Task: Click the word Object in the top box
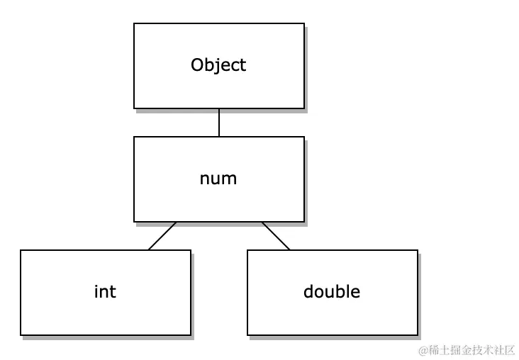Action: pyautogui.click(x=218, y=65)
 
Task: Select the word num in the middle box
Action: pyautogui.click(x=218, y=179)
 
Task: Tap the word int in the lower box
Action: pyautogui.click(x=105, y=291)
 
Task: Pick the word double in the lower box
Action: pyautogui.click(x=332, y=291)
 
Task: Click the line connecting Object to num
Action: pyautogui.click(x=219, y=122)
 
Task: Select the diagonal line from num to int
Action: pyautogui.click(x=162, y=235)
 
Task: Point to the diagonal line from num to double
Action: pyautogui.click(x=276, y=235)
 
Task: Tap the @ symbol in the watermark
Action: pyautogui.click(x=423, y=350)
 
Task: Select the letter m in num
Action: pyautogui.click(x=230, y=179)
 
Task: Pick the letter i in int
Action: pyautogui.click(x=96, y=291)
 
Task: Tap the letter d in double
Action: pyautogui.click(x=308, y=291)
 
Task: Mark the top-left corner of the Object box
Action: pyautogui.click(x=135, y=23)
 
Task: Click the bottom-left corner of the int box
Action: pyautogui.click(x=21, y=334)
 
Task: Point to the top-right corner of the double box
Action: pyautogui.click(x=418, y=250)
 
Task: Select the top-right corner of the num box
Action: pyautogui.click(x=304, y=137)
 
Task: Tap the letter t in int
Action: pyautogui.click(x=113, y=291)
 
